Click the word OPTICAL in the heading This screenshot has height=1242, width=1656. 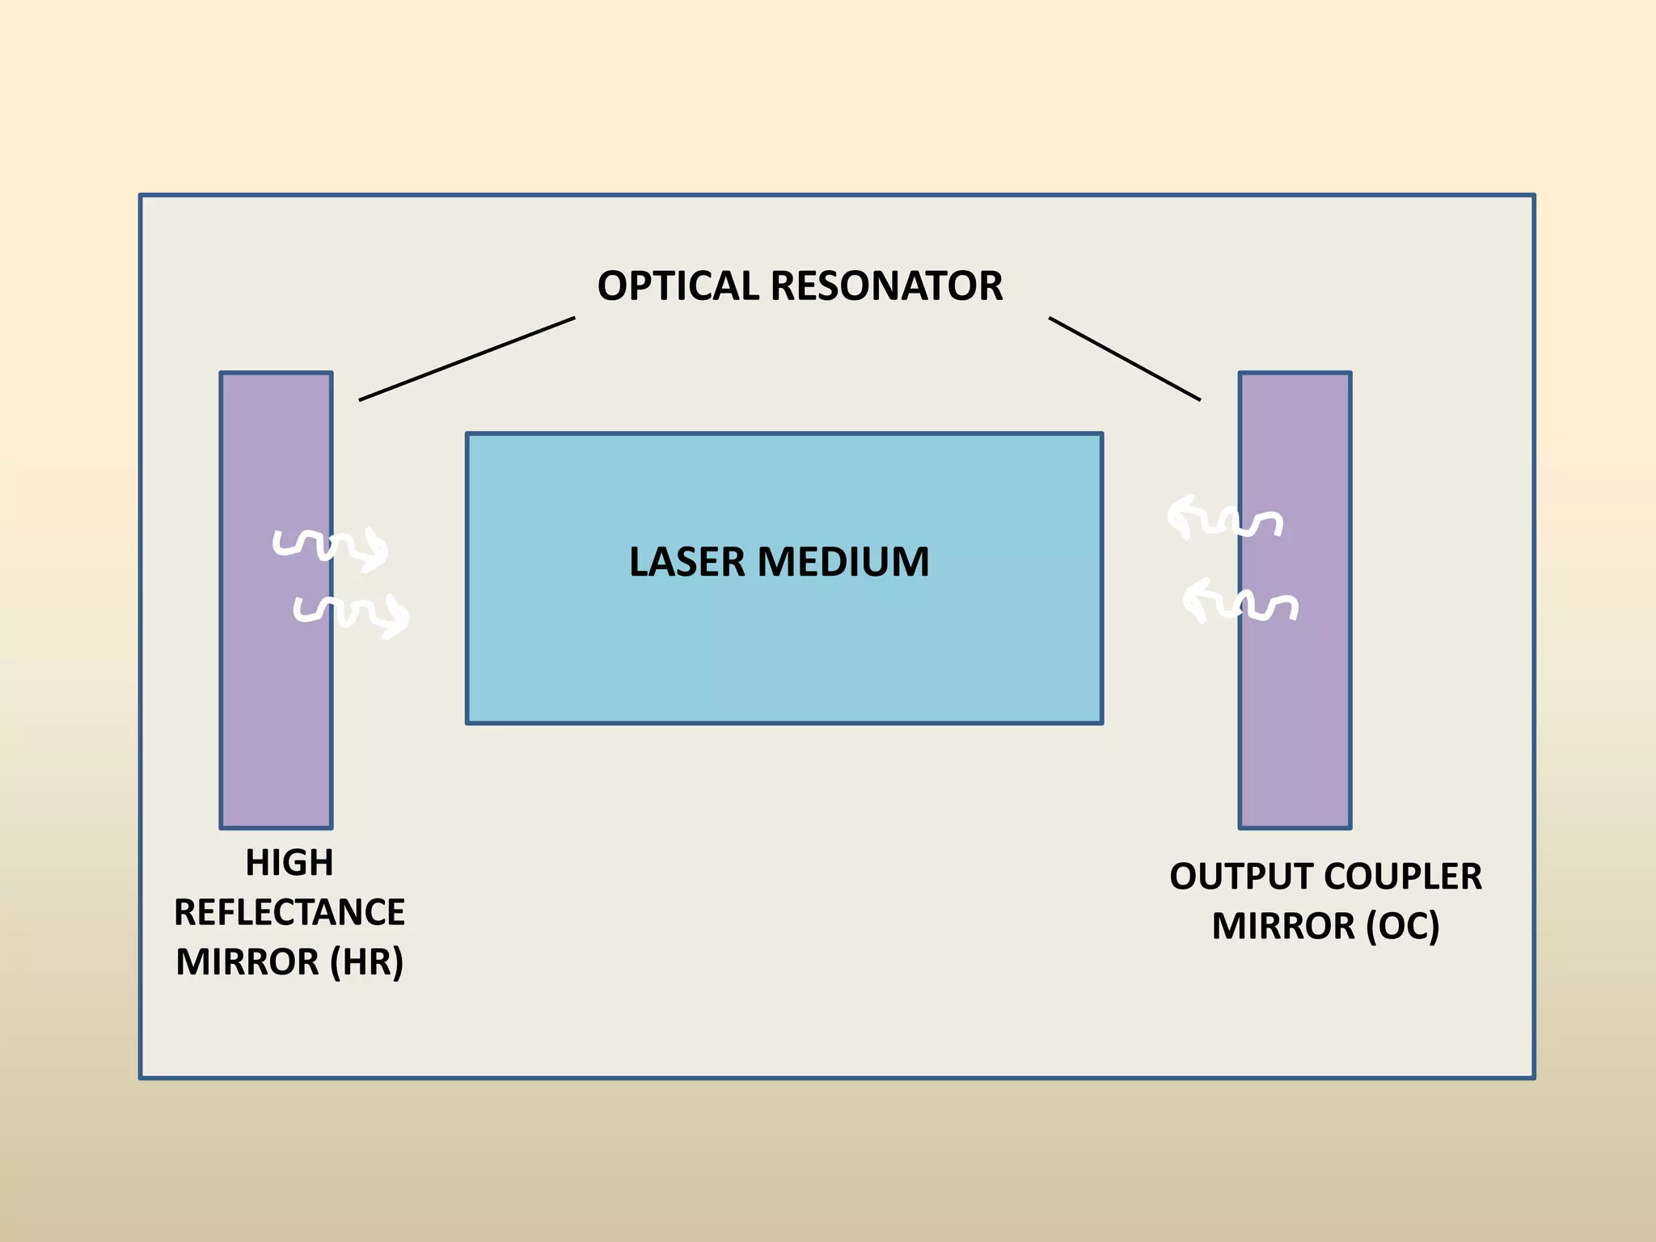(x=677, y=286)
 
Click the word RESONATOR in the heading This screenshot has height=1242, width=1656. (x=886, y=286)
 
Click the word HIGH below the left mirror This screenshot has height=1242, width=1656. (x=289, y=863)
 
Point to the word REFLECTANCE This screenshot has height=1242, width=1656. (x=289, y=913)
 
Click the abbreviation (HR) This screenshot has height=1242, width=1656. (x=366, y=962)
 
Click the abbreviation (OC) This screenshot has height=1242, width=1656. (x=1403, y=927)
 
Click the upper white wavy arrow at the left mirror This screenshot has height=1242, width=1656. (x=330, y=547)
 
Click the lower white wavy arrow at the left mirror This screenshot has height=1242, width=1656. (x=350, y=614)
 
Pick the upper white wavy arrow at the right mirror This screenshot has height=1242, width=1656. (x=1223, y=518)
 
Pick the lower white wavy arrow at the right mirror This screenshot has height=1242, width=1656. (x=1240, y=601)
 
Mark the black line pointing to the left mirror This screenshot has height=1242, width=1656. (x=467, y=359)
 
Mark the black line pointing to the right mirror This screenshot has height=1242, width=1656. (x=1124, y=359)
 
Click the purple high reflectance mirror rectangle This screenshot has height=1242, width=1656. (x=276, y=712)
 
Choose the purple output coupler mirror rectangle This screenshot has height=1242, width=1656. (x=1295, y=712)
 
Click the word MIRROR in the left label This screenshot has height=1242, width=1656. (x=247, y=962)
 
